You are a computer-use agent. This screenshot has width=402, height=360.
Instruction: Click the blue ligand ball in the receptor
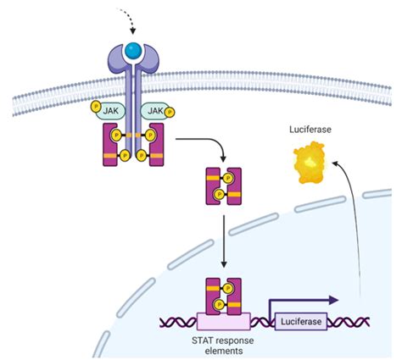[x=133, y=51]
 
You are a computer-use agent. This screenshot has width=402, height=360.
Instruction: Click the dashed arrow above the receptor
[x=128, y=18]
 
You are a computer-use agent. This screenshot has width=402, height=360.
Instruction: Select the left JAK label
[x=110, y=110]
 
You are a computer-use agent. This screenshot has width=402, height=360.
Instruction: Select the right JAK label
[x=155, y=110]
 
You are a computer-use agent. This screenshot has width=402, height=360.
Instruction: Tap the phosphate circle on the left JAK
[x=96, y=107]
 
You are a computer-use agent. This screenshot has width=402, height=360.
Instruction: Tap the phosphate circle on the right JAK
[x=170, y=113]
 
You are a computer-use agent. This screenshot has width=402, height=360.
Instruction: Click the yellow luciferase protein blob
[x=310, y=163]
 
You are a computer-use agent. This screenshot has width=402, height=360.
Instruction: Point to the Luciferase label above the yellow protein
[x=310, y=130]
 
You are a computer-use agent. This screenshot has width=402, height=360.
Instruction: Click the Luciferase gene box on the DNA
[x=301, y=321]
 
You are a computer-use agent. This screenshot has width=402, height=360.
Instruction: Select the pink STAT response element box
[x=223, y=321]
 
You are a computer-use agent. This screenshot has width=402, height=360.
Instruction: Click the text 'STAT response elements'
[x=223, y=346]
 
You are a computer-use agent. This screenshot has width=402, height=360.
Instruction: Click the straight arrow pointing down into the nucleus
[x=224, y=241]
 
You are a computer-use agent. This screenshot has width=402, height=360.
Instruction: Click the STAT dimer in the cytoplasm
[x=223, y=186]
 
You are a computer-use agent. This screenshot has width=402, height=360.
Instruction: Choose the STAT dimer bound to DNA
[x=223, y=296]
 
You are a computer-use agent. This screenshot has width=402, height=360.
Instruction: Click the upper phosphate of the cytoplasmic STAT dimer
[x=228, y=178]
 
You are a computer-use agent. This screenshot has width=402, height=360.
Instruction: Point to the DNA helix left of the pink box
[x=178, y=322]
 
